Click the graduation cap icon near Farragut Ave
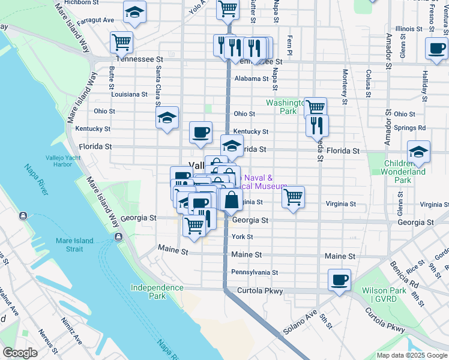click(x=134, y=12)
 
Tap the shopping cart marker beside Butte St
click(x=121, y=43)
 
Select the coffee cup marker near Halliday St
click(x=436, y=49)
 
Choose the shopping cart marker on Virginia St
click(x=293, y=197)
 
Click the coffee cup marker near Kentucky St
click(x=200, y=132)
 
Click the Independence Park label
click(x=157, y=292)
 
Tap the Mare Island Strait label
click(x=74, y=245)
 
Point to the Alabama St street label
click(x=252, y=79)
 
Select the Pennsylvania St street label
click(x=255, y=272)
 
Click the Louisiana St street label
click(x=129, y=94)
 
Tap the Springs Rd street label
click(x=410, y=128)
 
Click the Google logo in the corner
click(x=20, y=353)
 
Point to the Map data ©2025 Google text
click(x=412, y=355)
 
